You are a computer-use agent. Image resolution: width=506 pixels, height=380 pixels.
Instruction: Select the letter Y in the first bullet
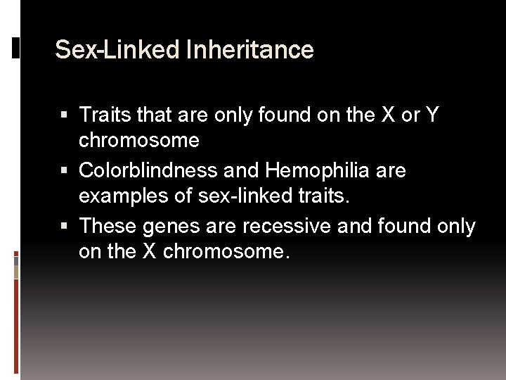click(432, 114)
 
